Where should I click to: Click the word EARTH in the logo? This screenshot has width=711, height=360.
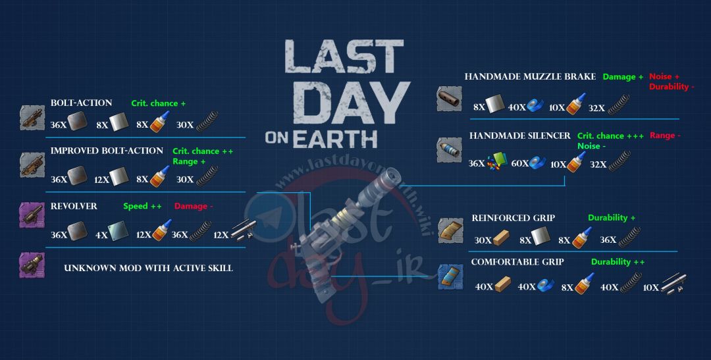[334, 138]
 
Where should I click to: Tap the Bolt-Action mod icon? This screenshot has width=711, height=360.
[33, 118]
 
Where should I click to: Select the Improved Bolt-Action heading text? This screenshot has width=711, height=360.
[107, 151]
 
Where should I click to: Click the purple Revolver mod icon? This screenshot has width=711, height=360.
[32, 215]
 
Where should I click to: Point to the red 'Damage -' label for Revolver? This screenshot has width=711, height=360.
[194, 206]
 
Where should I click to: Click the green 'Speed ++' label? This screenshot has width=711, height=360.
[142, 206]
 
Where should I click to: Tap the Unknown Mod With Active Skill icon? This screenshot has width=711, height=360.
[32, 265]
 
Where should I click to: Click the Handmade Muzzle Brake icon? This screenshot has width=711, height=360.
[450, 99]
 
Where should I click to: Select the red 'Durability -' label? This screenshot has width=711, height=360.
[671, 87]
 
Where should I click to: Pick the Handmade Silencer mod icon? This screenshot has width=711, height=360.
[450, 150]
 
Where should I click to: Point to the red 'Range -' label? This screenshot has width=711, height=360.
[665, 136]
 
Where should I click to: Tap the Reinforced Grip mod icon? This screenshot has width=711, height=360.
[451, 230]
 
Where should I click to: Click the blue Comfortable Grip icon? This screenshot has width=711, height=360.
[451, 278]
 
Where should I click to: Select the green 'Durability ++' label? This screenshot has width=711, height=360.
[618, 262]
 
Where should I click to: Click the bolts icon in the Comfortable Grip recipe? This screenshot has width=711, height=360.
[673, 284]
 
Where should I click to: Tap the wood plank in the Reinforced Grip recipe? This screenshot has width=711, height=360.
[501, 238]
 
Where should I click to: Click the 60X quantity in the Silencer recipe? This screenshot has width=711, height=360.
[519, 164]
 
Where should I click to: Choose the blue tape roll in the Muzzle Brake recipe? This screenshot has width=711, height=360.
[535, 106]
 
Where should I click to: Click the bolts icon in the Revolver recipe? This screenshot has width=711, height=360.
[244, 231]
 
